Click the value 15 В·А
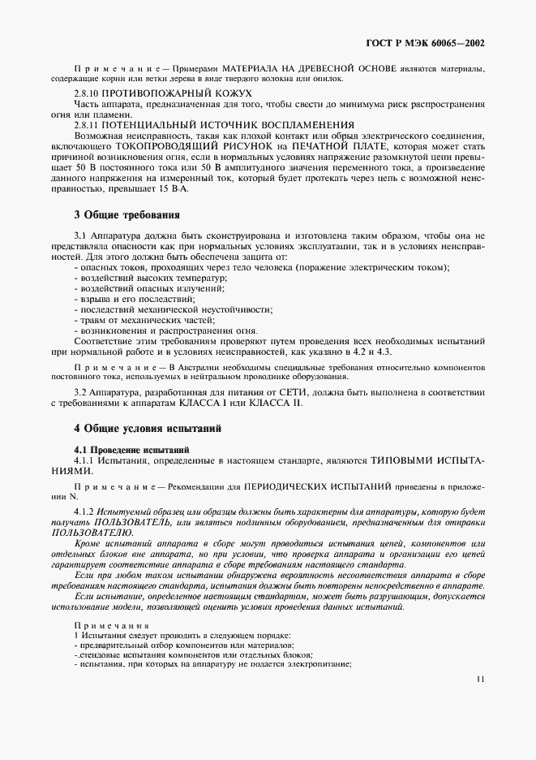[x=172, y=188]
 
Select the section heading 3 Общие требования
[x=126, y=215]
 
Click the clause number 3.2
[x=81, y=393]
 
